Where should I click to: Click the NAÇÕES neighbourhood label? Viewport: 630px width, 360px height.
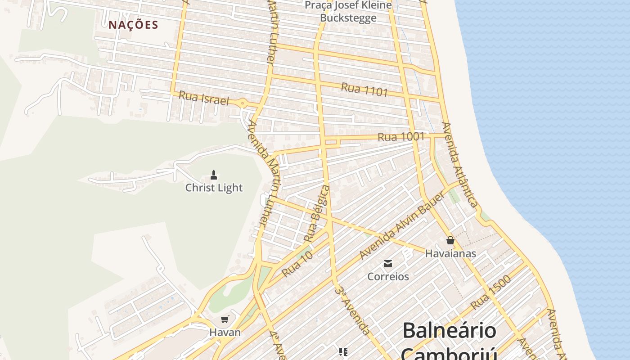(x=133, y=25)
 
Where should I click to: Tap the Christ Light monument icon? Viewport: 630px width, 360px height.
(x=214, y=175)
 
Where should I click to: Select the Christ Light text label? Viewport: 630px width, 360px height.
(x=214, y=188)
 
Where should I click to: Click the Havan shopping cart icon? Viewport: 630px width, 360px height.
(x=225, y=319)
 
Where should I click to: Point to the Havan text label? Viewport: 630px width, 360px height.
(x=225, y=333)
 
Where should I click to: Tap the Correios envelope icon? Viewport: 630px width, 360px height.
(x=387, y=263)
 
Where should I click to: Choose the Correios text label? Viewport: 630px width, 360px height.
(x=388, y=276)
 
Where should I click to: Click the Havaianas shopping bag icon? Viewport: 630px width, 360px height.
(x=450, y=241)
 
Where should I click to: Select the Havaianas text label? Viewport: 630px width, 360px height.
(x=450, y=253)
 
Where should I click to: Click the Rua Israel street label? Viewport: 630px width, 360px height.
(x=204, y=98)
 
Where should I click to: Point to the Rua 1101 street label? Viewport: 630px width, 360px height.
(x=364, y=90)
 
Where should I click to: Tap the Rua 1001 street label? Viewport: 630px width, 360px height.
(x=401, y=136)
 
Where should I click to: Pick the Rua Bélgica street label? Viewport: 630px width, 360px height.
(x=317, y=212)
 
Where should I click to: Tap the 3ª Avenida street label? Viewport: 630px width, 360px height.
(x=353, y=310)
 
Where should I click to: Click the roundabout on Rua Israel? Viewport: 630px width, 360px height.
(x=243, y=103)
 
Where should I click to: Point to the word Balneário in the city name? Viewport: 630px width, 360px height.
(x=449, y=331)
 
